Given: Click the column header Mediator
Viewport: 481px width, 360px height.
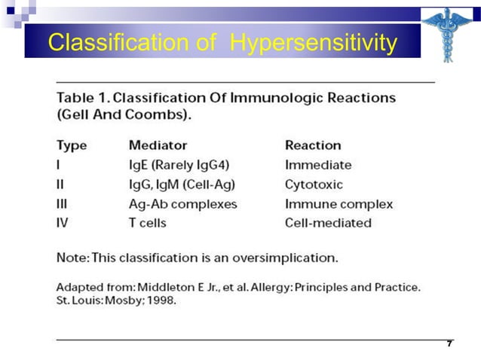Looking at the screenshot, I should click(158, 145).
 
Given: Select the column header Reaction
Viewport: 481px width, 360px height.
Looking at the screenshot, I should click(312, 145).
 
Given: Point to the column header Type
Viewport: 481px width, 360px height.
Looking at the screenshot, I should click(72, 145).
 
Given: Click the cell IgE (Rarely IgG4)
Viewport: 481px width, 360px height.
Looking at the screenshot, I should click(176, 164).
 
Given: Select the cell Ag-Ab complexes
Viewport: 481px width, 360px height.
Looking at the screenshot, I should click(182, 203).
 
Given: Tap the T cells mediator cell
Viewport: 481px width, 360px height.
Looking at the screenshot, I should click(148, 223).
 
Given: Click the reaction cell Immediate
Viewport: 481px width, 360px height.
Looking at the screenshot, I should click(317, 164).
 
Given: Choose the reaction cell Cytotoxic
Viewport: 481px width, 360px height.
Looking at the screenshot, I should click(314, 184).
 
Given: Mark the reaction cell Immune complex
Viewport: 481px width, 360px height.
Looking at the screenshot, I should click(339, 203).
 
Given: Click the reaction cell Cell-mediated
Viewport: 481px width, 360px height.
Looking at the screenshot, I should click(328, 223).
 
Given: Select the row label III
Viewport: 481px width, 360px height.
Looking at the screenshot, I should click(62, 203).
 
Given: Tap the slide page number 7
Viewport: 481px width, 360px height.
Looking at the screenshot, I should click(449, 343).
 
